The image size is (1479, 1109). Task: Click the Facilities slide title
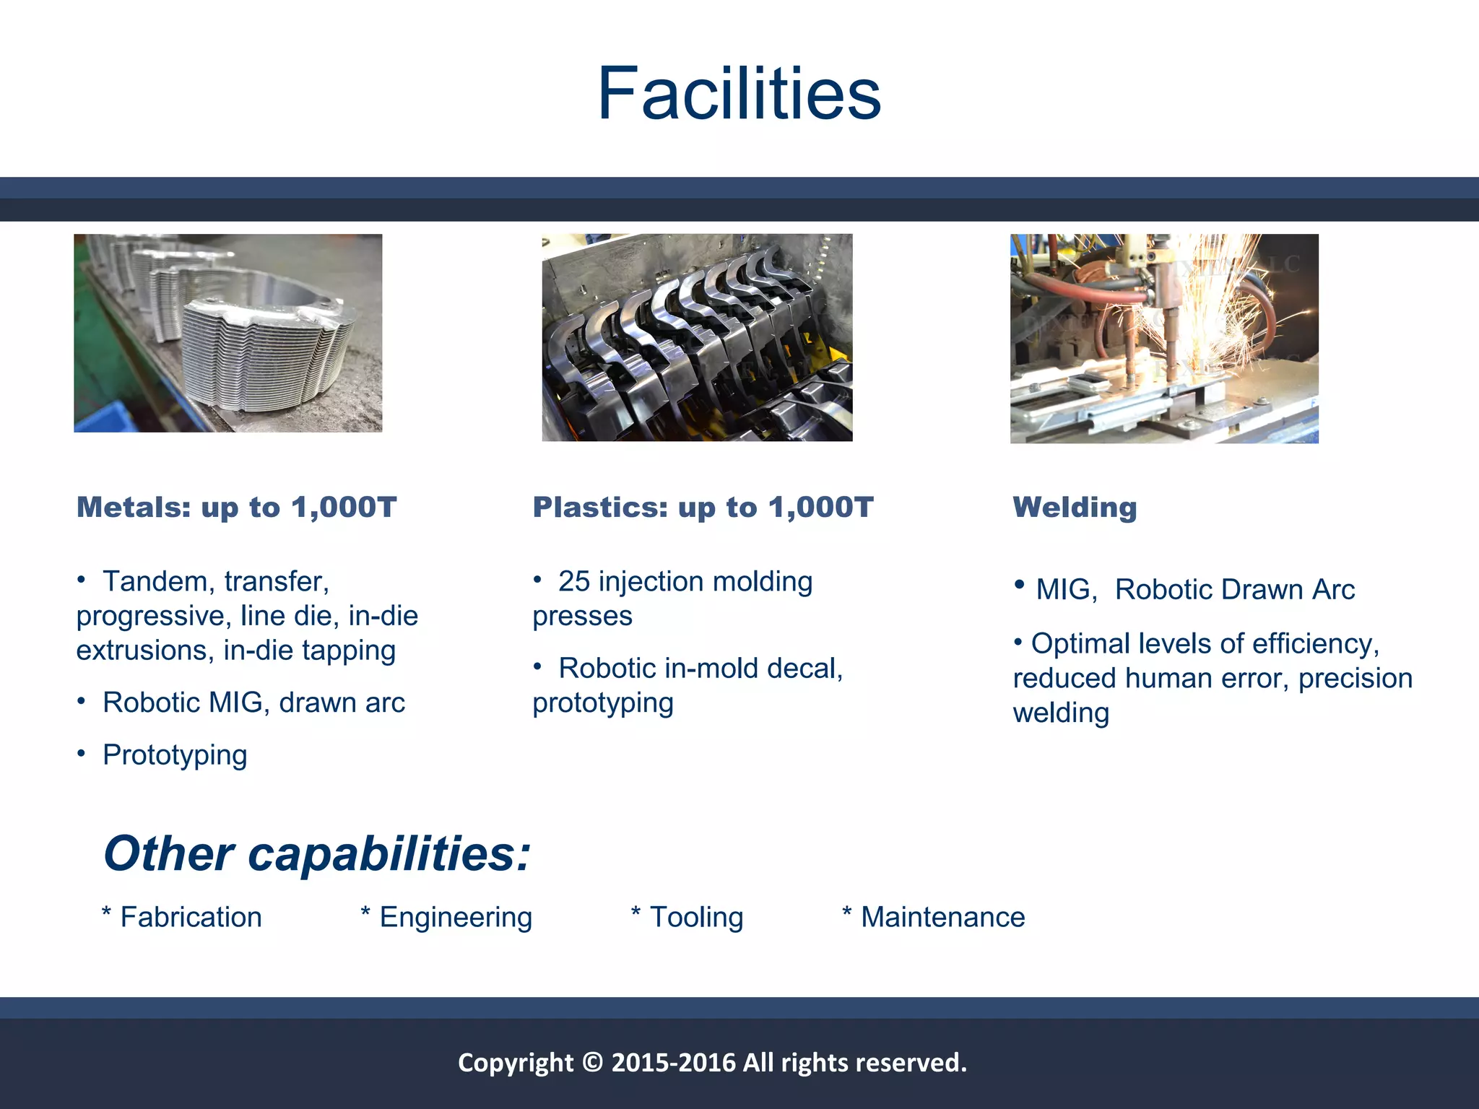coord(739,94)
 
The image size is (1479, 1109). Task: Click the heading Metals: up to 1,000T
coord(236,508)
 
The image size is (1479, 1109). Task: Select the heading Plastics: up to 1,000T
coord(703,508)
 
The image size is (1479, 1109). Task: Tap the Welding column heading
coord(1074,508)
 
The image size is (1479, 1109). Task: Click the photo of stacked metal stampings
coord(227,333)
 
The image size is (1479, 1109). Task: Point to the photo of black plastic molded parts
coord(697,337)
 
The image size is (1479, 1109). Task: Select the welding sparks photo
coord(1163,338)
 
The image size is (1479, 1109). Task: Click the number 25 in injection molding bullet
coord(574,582)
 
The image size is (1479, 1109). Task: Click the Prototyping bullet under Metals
coord(175,755)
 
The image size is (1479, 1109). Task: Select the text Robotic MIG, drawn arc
coord(253,703)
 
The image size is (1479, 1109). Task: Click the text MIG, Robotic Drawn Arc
coord(1194,590)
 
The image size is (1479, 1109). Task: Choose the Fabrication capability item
coord(190,918)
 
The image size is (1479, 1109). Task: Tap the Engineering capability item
coord(455,918)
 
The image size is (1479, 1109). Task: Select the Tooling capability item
coord(695,918)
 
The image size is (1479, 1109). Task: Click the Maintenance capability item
coord(942,918)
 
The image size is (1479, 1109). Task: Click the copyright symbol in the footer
coord(592,1063)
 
